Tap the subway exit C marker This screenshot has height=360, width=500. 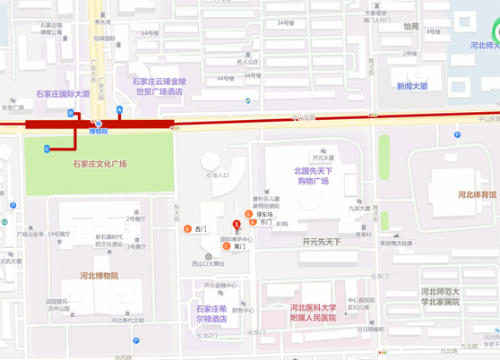coord(47,149)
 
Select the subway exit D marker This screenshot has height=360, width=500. coord(71,114)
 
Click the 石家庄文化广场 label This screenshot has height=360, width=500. coord(99,164)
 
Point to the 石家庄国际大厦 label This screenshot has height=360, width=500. coord(63,93)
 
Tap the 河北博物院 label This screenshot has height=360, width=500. coord(99,275)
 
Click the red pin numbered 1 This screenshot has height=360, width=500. coord(237,225)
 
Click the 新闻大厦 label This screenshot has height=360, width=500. coord(412,86)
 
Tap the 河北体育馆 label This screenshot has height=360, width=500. coord(477,194)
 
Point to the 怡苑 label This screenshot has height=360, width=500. coord(410,27)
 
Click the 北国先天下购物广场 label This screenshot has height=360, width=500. coord(312,176)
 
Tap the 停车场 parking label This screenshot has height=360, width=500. coord(264,214)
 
